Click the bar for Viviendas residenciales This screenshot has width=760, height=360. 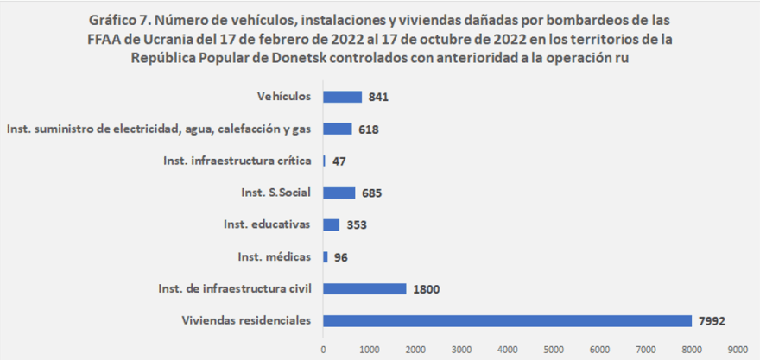507,321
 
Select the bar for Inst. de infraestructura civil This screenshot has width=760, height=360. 364,288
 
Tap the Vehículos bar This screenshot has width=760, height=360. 342,97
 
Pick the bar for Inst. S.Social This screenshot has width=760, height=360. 339,193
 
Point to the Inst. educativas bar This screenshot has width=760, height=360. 331,224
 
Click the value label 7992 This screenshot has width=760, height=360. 712,321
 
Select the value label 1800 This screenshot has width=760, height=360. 427,288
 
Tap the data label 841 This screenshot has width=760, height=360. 378,97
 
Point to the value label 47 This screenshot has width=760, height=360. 339,161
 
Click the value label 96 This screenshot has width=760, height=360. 340,256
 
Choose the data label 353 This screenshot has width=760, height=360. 356,224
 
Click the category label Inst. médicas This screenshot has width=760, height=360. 274,256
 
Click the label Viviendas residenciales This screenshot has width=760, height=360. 246,320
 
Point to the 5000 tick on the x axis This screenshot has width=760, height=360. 553,350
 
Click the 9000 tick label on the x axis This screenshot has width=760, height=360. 737,350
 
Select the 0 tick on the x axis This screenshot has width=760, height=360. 323,350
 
